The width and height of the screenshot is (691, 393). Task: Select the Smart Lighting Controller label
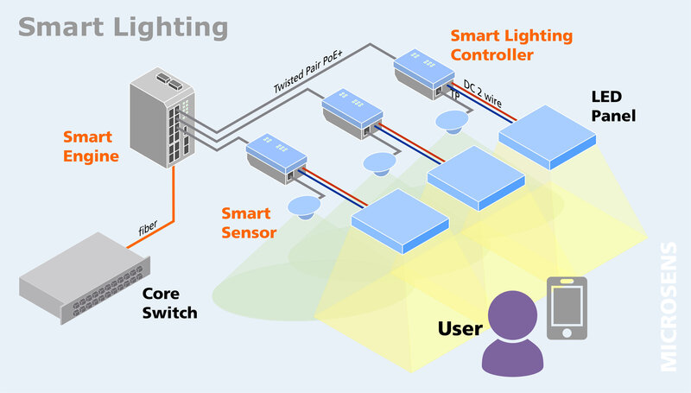(x=510, y=45)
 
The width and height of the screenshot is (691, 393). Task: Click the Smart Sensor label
(x=249, y=222)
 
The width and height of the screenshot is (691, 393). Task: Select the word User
(x=460, y=328)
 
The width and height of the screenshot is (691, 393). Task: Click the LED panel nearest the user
(x=400, y=220)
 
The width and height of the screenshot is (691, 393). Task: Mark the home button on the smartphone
(x=567, y=333)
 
